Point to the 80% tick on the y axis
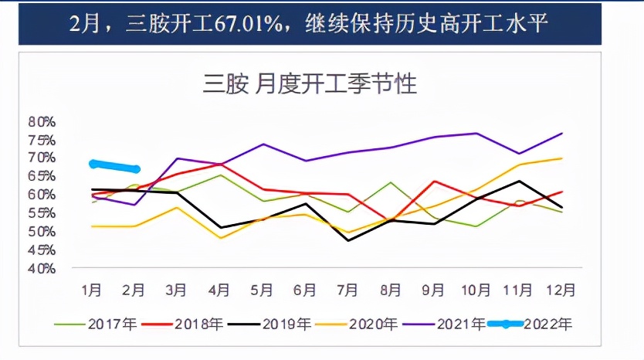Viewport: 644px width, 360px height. point(41,121)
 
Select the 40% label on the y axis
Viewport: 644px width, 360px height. point(41,269)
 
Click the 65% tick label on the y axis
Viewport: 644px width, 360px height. point(41,176)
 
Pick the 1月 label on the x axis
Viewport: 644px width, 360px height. point(91,290)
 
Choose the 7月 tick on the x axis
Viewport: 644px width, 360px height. point(347,290)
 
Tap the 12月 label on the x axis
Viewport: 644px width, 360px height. point(562,290)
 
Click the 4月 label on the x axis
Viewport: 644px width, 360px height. point(219,290)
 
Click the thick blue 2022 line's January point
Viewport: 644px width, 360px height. point(93,164)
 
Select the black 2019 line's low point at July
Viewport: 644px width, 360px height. point(348,240)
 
